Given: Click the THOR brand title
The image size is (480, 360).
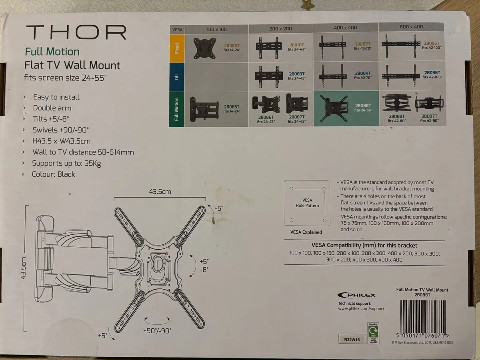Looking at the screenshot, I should [x=76, y=32].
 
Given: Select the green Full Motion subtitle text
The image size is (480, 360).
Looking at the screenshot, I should [x=52, y=52].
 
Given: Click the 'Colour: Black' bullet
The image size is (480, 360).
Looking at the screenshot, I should [x=54, y=174].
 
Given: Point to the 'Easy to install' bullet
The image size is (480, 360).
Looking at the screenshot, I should [x=56, y=97].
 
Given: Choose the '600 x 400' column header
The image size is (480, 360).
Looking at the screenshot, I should [x=411, y=27].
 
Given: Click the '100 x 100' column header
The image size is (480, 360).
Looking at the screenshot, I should [x=216, y=29].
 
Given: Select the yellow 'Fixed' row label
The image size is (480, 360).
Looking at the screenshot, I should [x=177, y=48].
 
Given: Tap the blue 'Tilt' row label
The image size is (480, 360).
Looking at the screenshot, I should [x=177, y=77].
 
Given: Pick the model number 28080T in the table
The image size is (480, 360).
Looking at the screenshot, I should [x=232, y=46].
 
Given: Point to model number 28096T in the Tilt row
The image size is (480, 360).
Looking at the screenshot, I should [x=432, y=73].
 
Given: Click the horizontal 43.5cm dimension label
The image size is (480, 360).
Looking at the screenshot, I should [x=160, y=192].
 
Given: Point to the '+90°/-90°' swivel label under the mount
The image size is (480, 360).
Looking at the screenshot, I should [x=157, y=331].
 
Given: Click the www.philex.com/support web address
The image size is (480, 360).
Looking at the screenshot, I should [x=361, y=308].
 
